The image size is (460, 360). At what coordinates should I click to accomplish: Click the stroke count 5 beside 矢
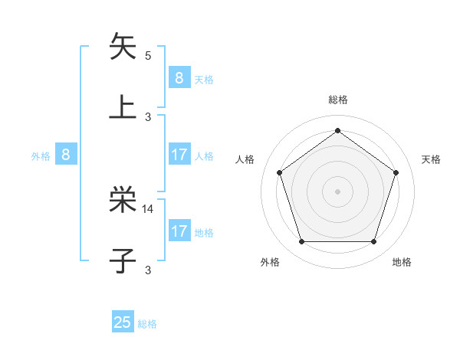point(148,55)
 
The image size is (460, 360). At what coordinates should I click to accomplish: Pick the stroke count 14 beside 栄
point(148,208)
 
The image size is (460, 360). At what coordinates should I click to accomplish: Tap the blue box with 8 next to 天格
point(179,78)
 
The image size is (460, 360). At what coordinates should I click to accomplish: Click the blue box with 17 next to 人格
point(179,155)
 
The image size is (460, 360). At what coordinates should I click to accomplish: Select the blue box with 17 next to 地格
point(179,231)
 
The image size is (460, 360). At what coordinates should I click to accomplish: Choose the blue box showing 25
point(123,322)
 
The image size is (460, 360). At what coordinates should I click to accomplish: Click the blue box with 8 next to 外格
point(66,155)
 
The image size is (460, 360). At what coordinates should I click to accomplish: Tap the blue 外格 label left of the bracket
point(41,155)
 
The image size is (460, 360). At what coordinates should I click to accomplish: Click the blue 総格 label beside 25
point(147,324)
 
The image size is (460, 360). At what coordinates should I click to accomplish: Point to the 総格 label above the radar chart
point(337,100)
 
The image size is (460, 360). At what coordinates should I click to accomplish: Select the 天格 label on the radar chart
point(432,159)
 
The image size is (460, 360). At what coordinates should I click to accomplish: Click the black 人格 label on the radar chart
point(245,159)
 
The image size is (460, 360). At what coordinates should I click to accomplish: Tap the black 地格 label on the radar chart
point(402,262)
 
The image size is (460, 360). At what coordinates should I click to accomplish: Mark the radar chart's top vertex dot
point(337,131)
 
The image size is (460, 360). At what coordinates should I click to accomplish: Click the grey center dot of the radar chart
point(337,191)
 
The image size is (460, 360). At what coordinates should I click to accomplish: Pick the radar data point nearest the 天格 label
point(396,172)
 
